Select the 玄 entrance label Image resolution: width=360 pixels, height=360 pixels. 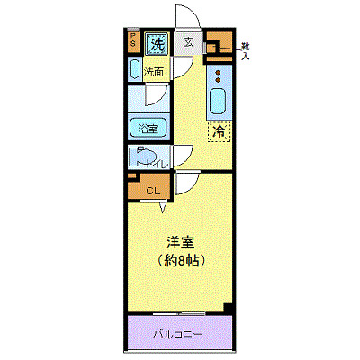pyautogui.click(x=189, y=41)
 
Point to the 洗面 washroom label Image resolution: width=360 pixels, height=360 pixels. pyautogui.click(x=154, y=72)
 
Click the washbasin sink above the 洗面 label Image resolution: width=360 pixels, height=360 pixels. pyautogui.click(x=135, y=71)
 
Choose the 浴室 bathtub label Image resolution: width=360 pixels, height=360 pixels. pyautogui.click(x=147, y=129)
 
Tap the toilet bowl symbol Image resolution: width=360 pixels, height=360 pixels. pyautogui.click(x=141, y=158)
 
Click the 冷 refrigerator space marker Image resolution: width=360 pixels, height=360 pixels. pyautogui.click(x=218, y=131)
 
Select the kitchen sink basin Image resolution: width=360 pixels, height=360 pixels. pyautogui.click(x=218, y=102)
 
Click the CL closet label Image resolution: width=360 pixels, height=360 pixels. pyautogui.click(x=153, y=190)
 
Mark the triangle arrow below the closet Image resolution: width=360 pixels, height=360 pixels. pyautogui.click(x=164, y=209)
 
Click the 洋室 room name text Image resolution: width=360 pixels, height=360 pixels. pyautogui.click(x=180, y=243)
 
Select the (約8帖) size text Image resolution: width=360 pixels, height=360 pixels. pyautogui.click(x=180, y=263)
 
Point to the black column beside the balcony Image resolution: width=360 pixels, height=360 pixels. pyautogui.click(x=229, y=308)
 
